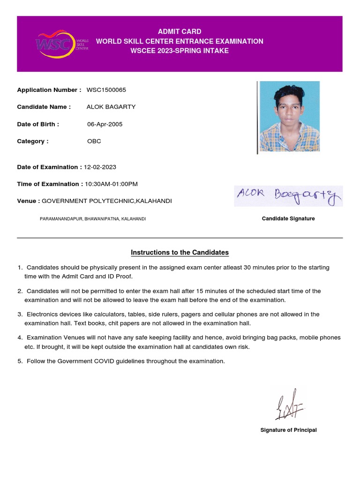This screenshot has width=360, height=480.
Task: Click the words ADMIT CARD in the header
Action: pos(180,31)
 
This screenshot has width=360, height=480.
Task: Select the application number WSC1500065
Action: pos(106,90)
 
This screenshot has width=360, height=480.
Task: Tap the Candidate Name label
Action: pos(44,107)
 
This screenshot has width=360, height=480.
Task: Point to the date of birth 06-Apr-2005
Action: pos(105,124)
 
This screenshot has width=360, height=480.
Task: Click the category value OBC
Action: pos(94,141)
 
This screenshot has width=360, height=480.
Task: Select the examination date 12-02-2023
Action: pos(100,167)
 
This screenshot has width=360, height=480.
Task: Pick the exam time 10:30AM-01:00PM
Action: pos(111,184)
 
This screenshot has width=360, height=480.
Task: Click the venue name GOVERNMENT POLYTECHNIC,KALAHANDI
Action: pos(107,201)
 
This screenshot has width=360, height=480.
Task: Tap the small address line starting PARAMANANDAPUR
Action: pos(93,219)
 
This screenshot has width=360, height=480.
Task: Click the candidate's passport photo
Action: pos(289,116)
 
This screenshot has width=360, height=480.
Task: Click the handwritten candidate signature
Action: pos(288,196)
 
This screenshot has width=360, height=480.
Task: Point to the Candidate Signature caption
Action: pos(288,218)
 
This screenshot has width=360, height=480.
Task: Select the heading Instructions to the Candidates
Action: pos(180,253)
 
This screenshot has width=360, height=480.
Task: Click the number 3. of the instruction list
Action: pos(20,315)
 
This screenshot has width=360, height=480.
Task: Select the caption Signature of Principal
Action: pos(288,430)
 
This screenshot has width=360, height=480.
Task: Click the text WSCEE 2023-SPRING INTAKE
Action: pos(180,51)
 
